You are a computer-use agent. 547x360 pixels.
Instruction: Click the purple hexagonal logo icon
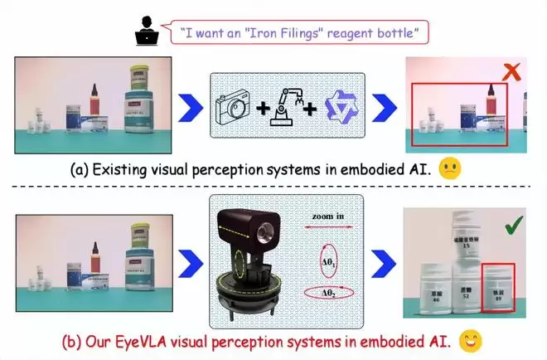click(x=338, y=107)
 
